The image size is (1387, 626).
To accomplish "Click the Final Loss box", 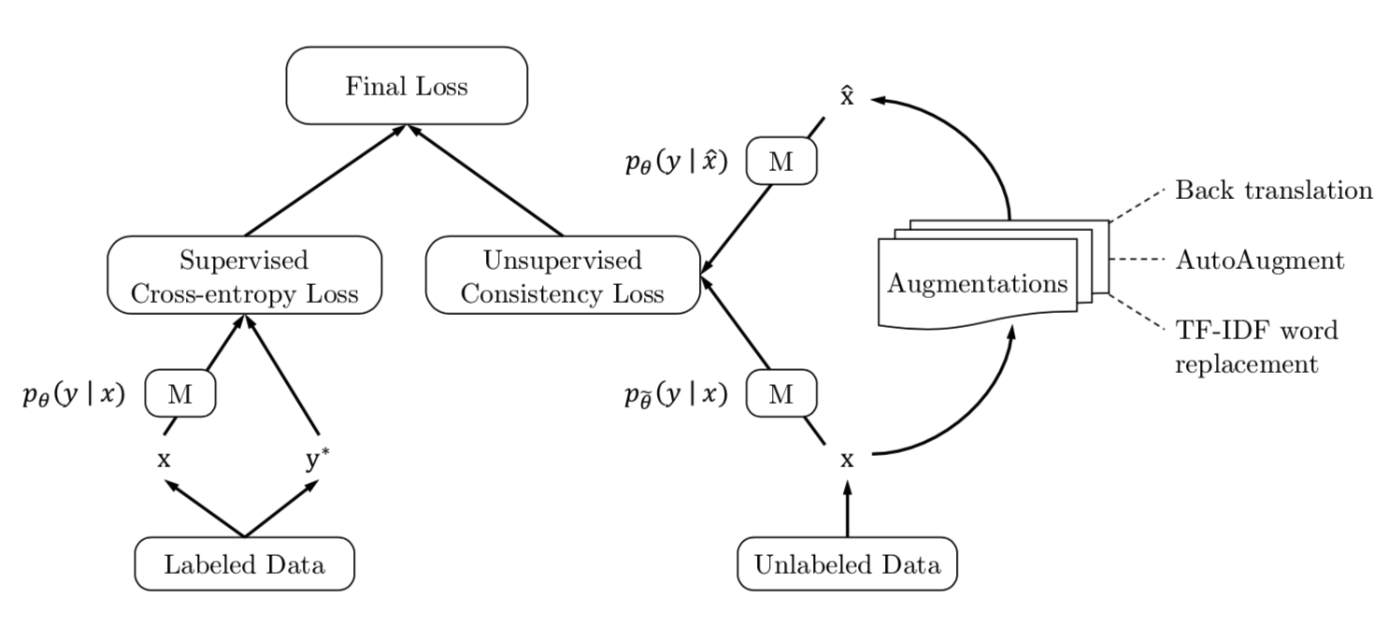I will coord(407,86).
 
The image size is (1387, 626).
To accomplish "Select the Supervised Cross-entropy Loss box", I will coord(245,276).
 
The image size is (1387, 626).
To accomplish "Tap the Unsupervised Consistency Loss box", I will coord(563,276).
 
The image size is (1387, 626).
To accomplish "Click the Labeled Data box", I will coord(245,564).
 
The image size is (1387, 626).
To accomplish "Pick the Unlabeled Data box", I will coord(847,564).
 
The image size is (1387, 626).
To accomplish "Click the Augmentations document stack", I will coord(978,282).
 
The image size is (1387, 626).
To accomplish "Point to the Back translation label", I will coord(1273,191).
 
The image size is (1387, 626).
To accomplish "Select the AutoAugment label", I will coord(1260,260).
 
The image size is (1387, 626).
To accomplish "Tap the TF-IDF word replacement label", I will coord(1256,346).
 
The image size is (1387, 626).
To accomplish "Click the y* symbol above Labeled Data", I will coord(318,460).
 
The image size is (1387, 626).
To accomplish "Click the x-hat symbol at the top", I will coord(847,96).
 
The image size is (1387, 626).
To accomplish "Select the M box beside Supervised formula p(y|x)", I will coord(180,394).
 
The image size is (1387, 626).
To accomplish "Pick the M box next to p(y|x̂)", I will coord(781,163).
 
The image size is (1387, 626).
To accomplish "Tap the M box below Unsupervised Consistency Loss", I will coord(781,394).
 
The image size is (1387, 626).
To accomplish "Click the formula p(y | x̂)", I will coord(676,163).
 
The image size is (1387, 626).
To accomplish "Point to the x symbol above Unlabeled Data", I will coord(847,460).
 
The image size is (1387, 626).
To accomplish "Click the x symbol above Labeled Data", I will coord(164,460).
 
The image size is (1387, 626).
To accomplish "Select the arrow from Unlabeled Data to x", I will coord(847,509).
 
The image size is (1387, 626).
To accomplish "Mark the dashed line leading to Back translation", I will coord(1137,206).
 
